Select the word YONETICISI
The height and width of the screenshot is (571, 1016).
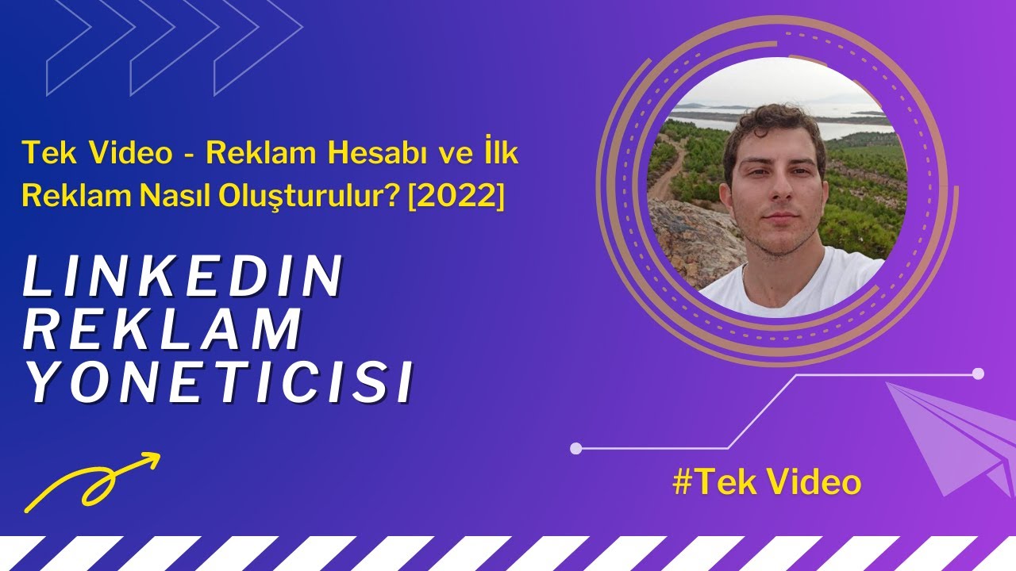click(x=219, y=383)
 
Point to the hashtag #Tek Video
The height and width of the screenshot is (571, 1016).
click(x=767, y=482)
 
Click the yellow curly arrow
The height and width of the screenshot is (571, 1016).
click(x=91, y=480)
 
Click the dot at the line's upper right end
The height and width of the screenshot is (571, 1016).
click(x=978, y=374)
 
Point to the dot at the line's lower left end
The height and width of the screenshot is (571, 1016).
click(x=576, y=449)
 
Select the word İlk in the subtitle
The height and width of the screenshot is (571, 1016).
click(x=502, y=152)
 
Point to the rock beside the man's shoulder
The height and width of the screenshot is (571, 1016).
click(x=691, y=238)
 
